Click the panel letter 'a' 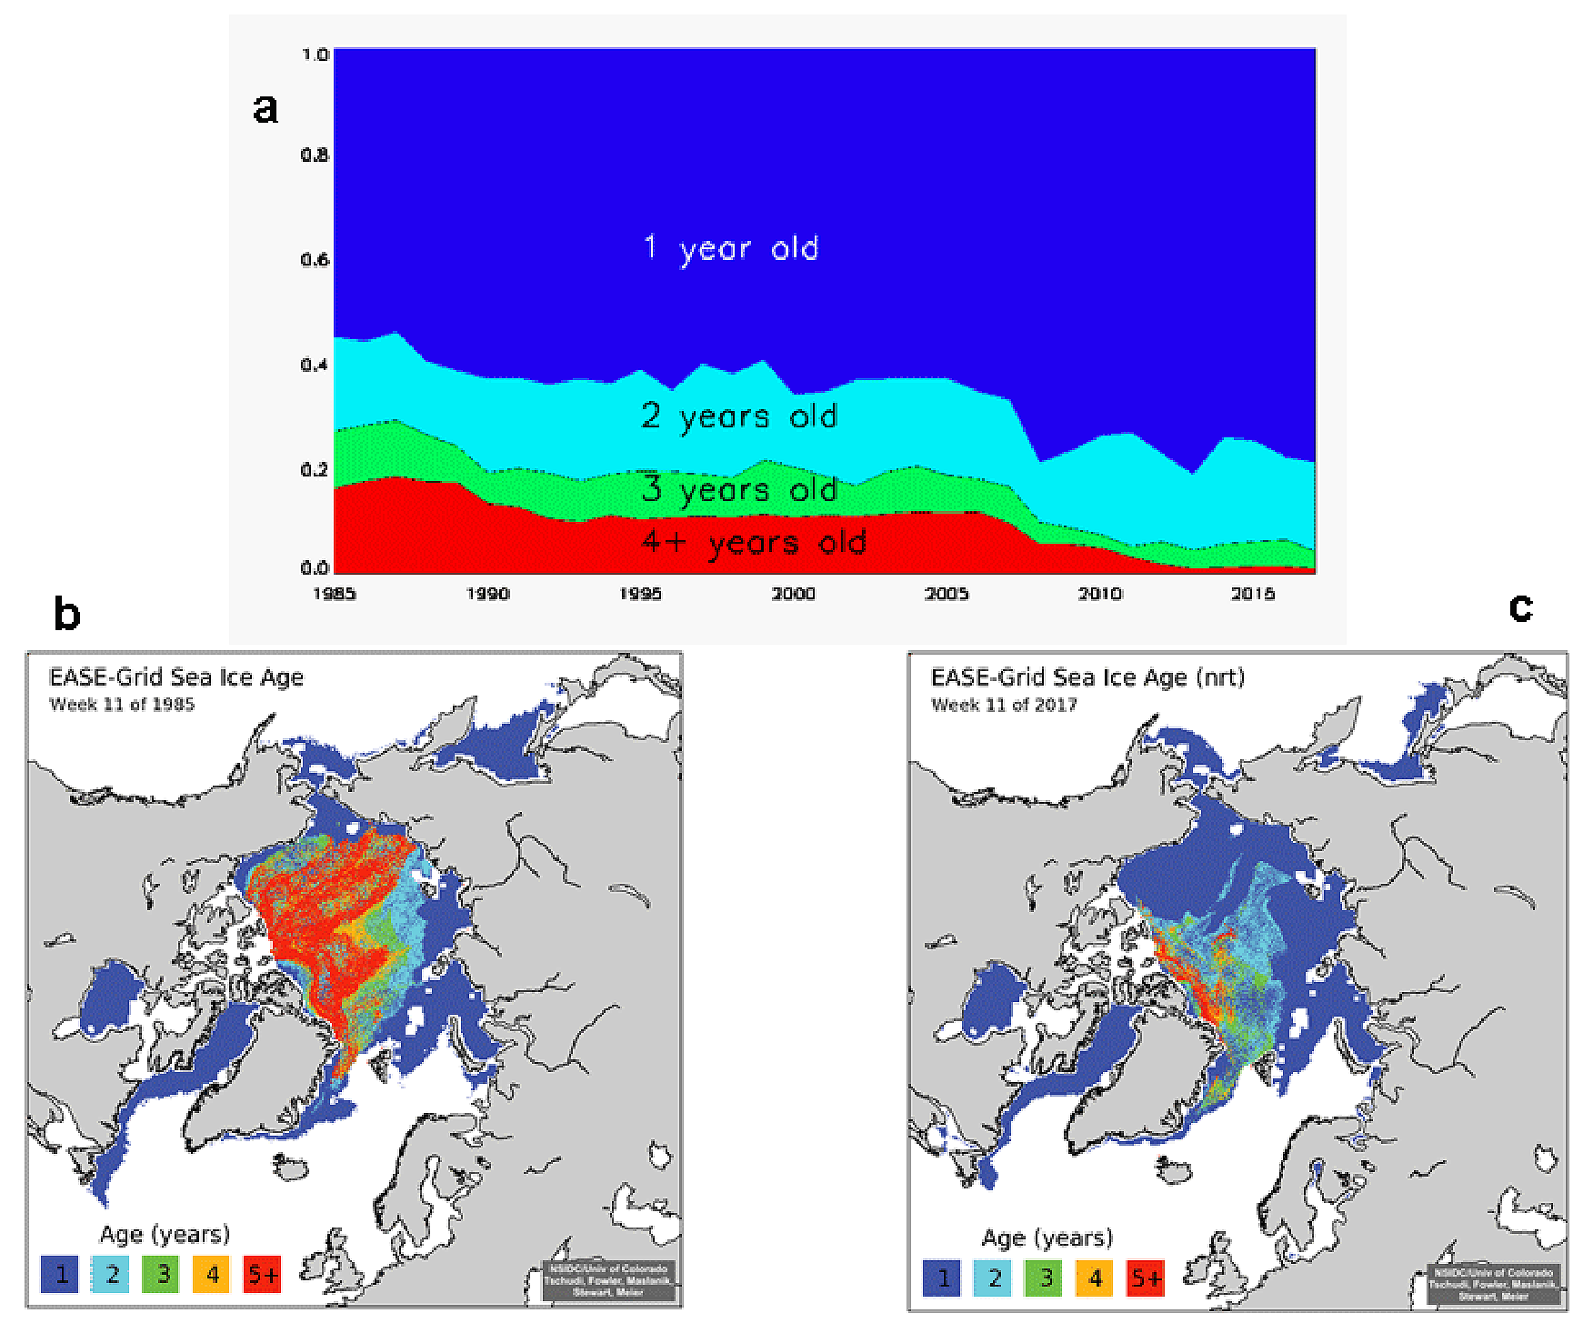(x=265, y=109)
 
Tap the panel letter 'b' (x=67, y=615)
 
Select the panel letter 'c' (x=1520, y=606)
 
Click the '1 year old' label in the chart (x=731, y=248)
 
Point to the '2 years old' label (x=739, y=416)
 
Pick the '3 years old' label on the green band (x=739, y=490)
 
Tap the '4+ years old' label (x=754, y=543)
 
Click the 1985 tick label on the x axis (x=334, y=594)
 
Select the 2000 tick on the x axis (x=793, y=594)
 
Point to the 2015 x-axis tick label (x=1252, y=594)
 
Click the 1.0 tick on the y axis (x=315, y=55)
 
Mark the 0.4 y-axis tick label (x=315, y=365)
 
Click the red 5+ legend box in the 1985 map (x=263, y=1274)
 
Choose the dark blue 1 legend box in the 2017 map (x=943, y=1278)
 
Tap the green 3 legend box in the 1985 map (x=162, y=1274)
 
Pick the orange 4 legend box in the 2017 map (x=1095, y=1278)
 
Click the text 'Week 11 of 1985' (x=122, y=705)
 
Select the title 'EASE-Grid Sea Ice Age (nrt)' (x=1087, y=677)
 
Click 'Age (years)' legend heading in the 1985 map (x=165, y=1234)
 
